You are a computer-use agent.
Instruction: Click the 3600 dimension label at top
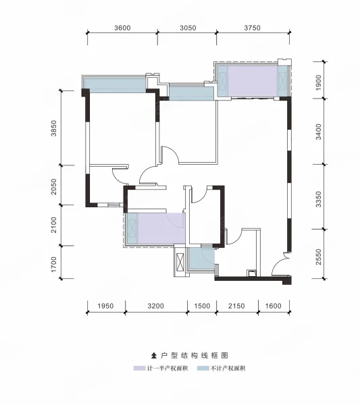122,28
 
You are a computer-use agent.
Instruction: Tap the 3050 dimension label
188,28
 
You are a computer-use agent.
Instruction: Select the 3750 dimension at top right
252,28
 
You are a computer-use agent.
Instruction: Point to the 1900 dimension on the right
318,82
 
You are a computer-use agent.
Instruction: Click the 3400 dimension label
318,132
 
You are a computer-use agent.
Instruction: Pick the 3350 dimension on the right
318,199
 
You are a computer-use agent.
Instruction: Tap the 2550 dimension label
318,256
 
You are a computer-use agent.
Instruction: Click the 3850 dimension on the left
53,128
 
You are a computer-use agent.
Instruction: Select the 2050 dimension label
53,186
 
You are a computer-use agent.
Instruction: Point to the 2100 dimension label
53,225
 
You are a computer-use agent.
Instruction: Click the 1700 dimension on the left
53,264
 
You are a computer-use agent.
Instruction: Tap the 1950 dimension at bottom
105,306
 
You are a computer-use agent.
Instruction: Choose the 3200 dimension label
155,306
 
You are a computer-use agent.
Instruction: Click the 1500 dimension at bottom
202,306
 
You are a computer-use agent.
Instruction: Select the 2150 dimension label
236,306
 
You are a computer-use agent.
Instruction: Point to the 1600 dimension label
273,306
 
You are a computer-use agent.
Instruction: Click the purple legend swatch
140,369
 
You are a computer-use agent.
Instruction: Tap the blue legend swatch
203,369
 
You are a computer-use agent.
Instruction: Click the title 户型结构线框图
190,356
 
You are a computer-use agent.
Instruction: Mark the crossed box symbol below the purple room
180,263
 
